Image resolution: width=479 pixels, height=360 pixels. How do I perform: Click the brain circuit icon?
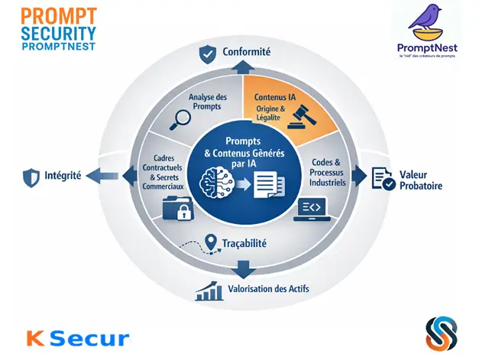pos(216,183)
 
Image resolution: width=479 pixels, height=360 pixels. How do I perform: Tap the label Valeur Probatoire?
pos(419,179)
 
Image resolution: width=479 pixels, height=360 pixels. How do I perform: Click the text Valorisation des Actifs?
pos(268,290)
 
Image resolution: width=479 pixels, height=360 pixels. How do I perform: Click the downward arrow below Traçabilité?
pos(243,268)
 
